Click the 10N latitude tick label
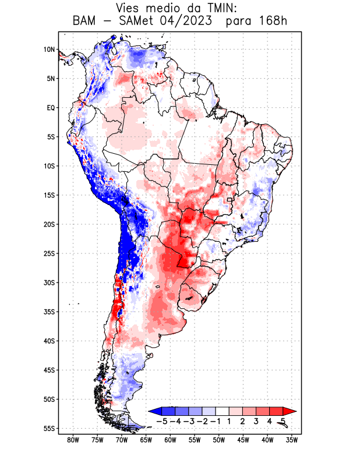[x=49, y=50]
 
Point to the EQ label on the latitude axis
[x=51, y=108]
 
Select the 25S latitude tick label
[x=49, y=253]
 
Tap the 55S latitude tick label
[x=49, y=428]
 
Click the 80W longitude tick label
[x=73, y=440]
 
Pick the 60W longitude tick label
[x=171, y=440]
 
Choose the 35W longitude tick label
[x=292, y=440]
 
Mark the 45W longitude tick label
[x=243, y=440]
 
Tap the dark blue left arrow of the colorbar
[x=154, y=411]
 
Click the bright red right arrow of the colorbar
[x=290, y=411]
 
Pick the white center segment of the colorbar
[x=222, y=411]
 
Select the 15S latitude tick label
[x=49, y=195]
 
